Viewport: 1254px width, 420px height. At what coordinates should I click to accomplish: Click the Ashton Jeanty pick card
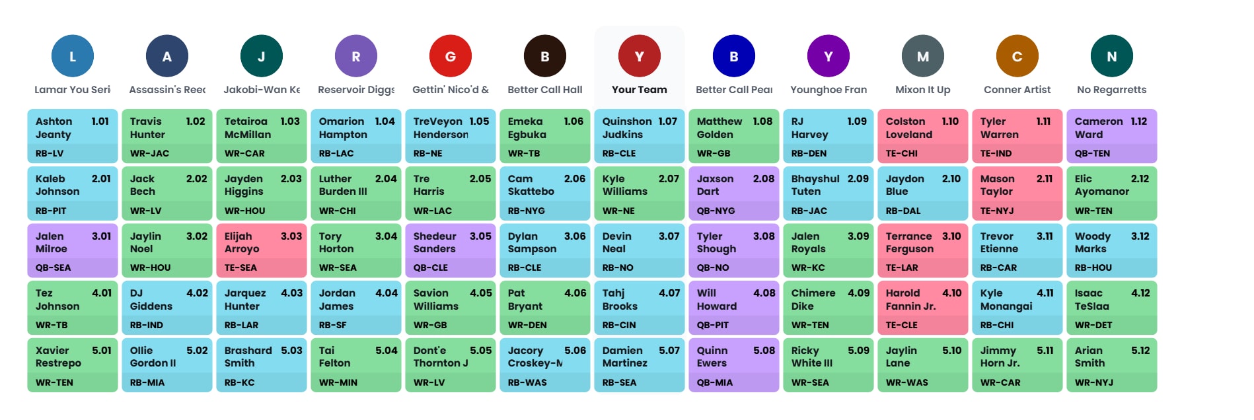click(73, 136)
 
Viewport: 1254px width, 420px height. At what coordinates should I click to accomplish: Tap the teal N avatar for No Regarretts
click(1111, 56)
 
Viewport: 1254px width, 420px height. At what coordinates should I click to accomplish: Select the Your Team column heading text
click(639, 90)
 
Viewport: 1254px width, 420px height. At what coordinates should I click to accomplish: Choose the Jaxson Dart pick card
click(734, 193)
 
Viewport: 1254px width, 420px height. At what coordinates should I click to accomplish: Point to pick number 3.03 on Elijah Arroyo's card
click(291, 236)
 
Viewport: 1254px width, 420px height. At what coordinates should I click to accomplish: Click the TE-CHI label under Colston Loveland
click(902, 153)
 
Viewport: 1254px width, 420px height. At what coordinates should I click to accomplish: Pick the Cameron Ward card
click(1111, 136)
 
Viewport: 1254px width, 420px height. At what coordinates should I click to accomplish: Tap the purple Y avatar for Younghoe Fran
click(829, 56)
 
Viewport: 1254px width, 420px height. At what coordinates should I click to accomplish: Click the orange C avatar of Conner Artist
click(1017, 56)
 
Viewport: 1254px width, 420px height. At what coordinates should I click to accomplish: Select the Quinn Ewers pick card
click(734, 365)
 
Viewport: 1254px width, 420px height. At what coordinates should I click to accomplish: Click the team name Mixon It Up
click(922, 90)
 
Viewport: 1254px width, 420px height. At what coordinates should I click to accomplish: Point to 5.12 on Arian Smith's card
click(1140, 351)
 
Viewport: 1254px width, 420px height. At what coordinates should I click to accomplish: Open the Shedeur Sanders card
click(451, 250)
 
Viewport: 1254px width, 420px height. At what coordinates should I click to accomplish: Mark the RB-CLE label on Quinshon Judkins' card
click(619, 153)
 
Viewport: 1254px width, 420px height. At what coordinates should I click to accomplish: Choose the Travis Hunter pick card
click(167, 136)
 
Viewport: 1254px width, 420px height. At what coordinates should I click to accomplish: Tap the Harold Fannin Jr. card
click(922, 308)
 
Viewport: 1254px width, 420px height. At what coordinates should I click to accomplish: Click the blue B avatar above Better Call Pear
click(734, 56)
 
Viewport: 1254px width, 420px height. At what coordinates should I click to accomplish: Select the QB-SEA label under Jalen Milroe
click(54, 267)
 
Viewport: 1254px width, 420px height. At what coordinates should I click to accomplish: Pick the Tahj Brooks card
click(639, 308)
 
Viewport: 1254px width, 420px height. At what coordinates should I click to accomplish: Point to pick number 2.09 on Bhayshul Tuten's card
click(858, 179)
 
